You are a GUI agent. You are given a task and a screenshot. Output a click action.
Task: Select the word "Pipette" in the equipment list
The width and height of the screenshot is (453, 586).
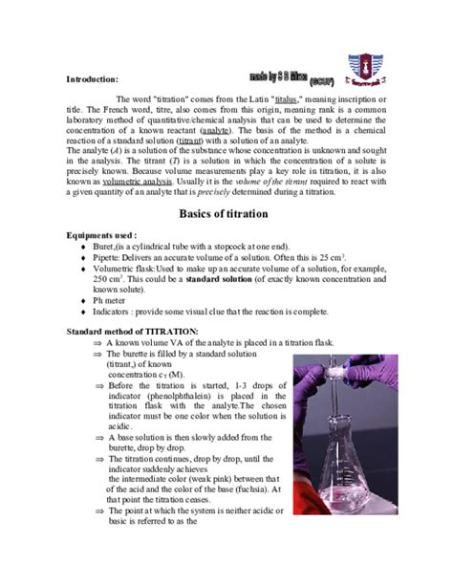click(111, 259)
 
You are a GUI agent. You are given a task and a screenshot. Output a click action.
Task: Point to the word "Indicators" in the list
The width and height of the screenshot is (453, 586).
click(118, 312)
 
